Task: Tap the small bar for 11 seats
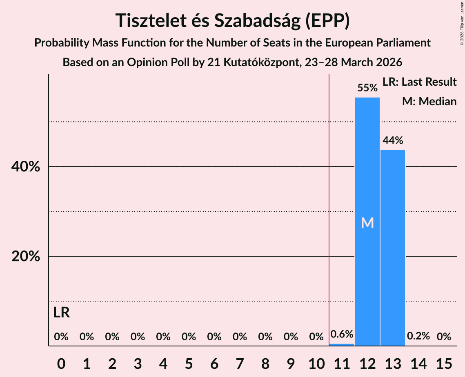[342, 345]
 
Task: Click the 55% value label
[367, 88]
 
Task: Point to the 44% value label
[393, 141]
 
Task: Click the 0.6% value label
[342, 335]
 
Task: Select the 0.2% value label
[418, 336]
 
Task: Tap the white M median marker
[367, 223]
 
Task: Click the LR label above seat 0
[61, 313]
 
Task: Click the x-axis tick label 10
[316, 362]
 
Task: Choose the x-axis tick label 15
[444, 362]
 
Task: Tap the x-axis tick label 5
[189, 362]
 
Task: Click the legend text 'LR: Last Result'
[419, 82]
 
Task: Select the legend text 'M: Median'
[429, 101]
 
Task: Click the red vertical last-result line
[329, 204]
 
